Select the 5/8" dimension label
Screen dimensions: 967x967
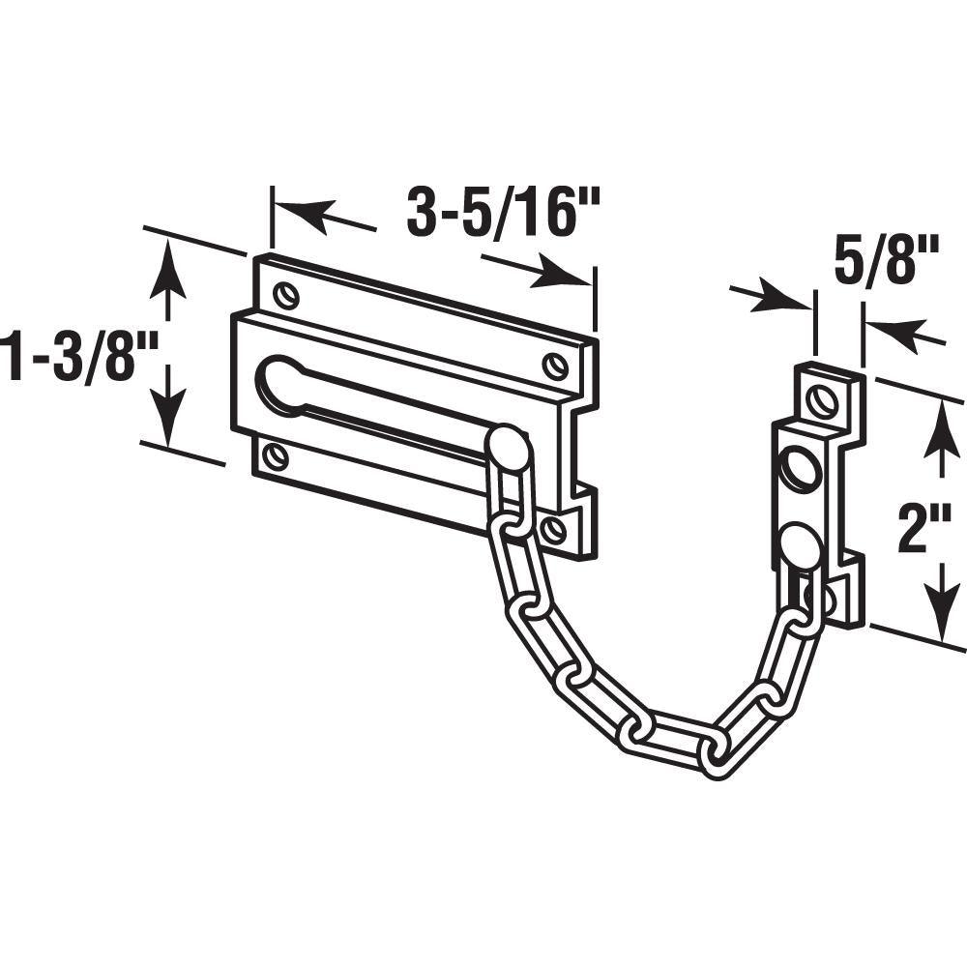click(x=888, y=261)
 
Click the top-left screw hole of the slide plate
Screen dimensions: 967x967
click(x=287, y=294)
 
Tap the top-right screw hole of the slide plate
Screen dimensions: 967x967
click(x=555, y=364)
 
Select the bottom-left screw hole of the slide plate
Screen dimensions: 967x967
click(x=274, y=455)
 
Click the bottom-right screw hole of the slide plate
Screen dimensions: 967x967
click(x=552, y=527)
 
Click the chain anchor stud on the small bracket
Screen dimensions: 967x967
click(x=801, y=544)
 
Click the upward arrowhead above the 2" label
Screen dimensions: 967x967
click(x=941, y=428)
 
